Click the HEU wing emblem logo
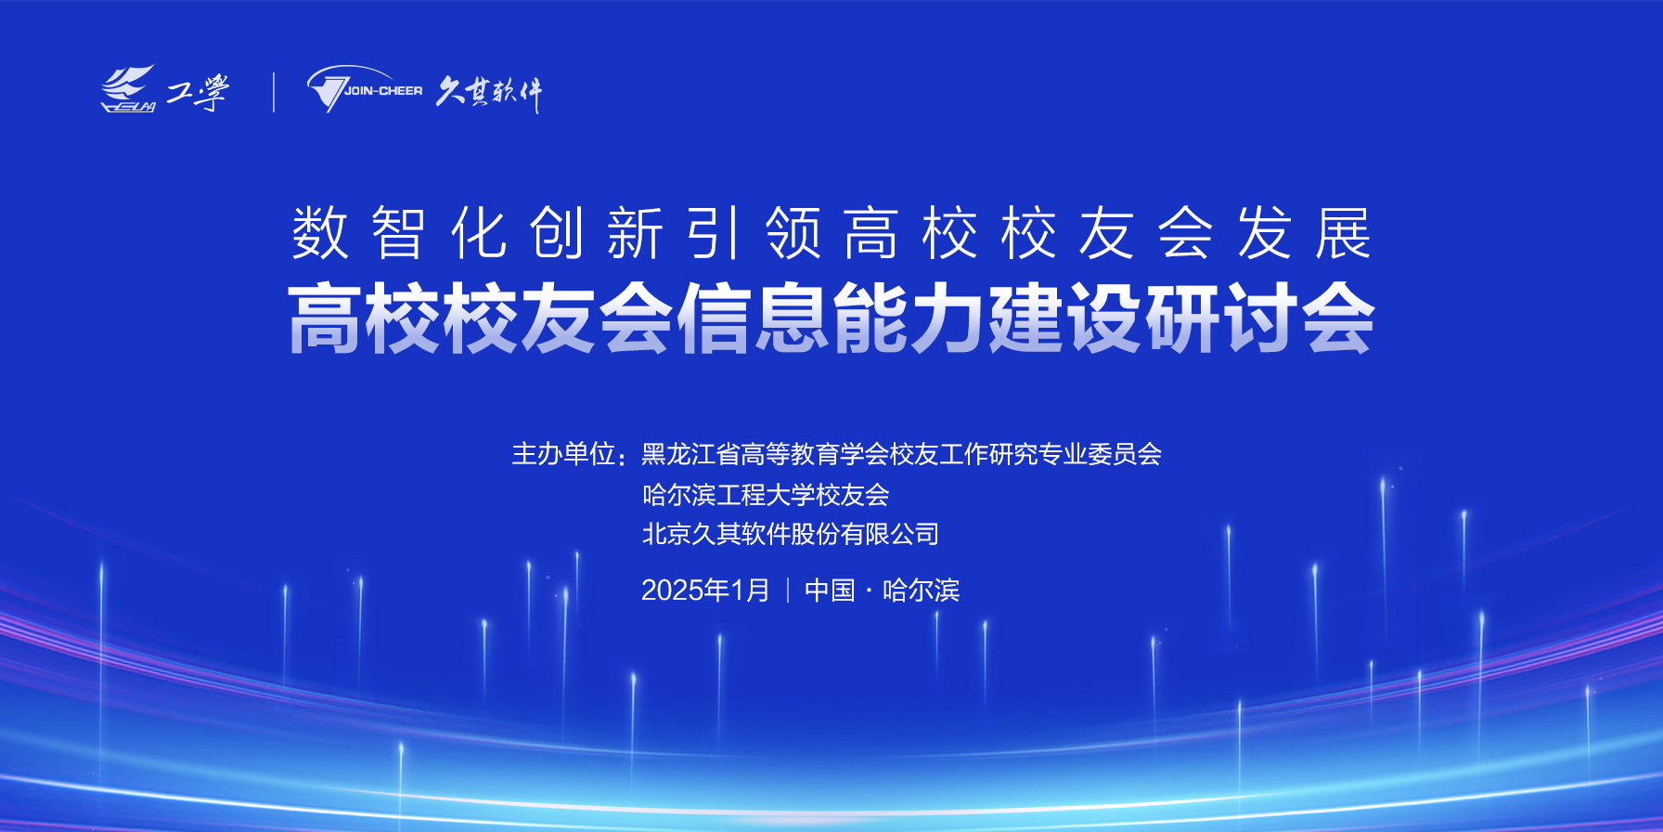[x=128, y=89]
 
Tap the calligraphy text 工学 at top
[x=198, y=92]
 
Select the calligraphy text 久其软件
[x=489, y=93]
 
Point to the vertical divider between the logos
[x=274, y=92]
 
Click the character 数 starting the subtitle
[x=320, y=233]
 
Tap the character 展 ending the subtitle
[x=1344, y=233]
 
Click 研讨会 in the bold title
[x=1259, y=318]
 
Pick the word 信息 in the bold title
[x=754, y=318]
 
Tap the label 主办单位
[x=563, y=454]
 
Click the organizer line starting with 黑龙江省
[x=901, y=454]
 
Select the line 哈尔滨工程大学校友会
[x=766, y=495]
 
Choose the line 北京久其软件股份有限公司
[x=791, y=534]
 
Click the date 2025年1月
[x=705, y=591]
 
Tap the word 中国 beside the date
[x=830, y=591]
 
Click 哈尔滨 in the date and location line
[x=921, y=591]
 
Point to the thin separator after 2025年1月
[x=788, y=591]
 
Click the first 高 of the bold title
[x=326, y=318]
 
